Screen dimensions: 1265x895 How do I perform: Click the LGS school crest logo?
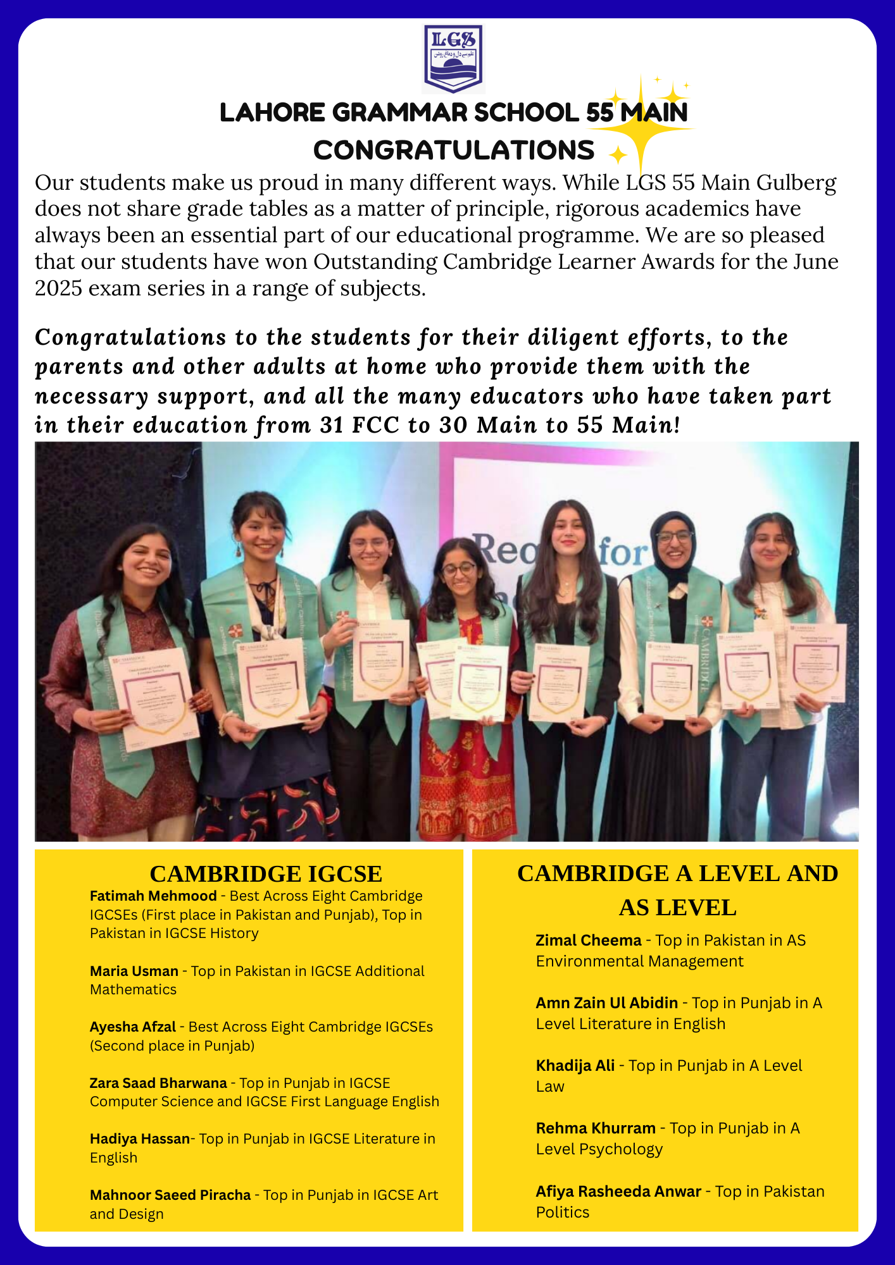(x=453, y=59)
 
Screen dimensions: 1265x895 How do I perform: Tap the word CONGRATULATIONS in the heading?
(x=454, y=151)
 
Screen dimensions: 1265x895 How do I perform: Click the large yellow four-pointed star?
(x=641, y=128)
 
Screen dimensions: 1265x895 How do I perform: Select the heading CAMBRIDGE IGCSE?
(x=266, y=874)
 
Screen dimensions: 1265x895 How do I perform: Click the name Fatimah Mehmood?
(x=153, y=896)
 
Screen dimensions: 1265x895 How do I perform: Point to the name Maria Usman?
(x=134, y=971)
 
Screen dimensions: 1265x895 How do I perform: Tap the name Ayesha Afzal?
(x=133, y=1027)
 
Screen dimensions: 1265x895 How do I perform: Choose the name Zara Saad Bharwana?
(x=158, y=1083)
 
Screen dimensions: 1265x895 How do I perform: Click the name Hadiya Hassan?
(x=140, y=1138)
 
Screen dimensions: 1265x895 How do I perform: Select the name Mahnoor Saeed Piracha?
(x=170, y=1195)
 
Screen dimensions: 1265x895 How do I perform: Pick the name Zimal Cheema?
(x=589, y=941)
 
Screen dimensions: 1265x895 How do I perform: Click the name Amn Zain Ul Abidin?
(x=606, y=1003)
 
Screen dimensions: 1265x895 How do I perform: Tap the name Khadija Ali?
(x=575, y=1066)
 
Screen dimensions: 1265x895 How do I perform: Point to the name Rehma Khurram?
(x=596, y=1128)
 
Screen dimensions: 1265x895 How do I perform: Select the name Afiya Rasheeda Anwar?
(x=618, y=1192)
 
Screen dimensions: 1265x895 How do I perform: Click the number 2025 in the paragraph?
(x=58, y=288)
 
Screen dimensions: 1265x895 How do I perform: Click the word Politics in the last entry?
(x=563, y=1213)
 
